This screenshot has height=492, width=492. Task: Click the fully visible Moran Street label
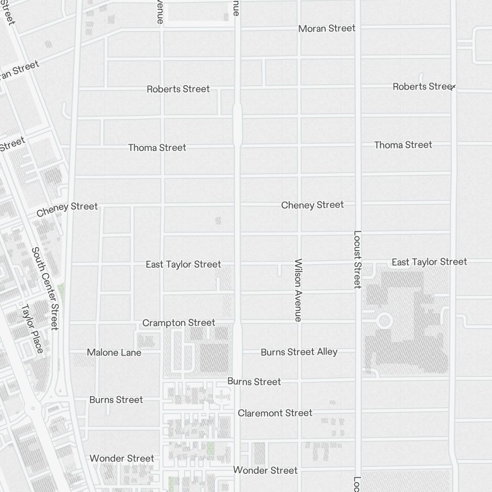(x=327, y=29)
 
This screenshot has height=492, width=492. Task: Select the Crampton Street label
(x=179, y=323)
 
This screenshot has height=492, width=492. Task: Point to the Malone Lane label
(x=114, y=352)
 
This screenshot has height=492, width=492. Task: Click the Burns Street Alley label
(x=299, y=352)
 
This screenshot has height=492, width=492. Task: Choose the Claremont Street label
(x=275, y=413)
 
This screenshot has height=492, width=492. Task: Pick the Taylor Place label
(x=32, y=328)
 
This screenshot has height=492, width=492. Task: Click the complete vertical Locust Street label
(x=358, y=259)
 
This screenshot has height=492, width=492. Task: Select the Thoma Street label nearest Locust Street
(x=403, y=145)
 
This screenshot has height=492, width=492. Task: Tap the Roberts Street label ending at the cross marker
(x=422, y=87)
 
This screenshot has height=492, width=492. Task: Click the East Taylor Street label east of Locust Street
(x=429, y=262)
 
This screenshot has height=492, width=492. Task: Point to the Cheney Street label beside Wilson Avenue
(x=312, y=205)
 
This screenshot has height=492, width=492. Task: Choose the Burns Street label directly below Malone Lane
(x=116, y=400)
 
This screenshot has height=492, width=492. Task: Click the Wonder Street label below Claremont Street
(x=265, y=470)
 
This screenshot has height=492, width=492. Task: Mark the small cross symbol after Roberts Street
(x=453, y=87)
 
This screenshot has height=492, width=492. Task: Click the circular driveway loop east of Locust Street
(x=384, y=322)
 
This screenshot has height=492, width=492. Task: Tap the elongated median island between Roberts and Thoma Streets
(x=237, y=124)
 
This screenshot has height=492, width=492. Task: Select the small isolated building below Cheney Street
(x=218, y=221)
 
